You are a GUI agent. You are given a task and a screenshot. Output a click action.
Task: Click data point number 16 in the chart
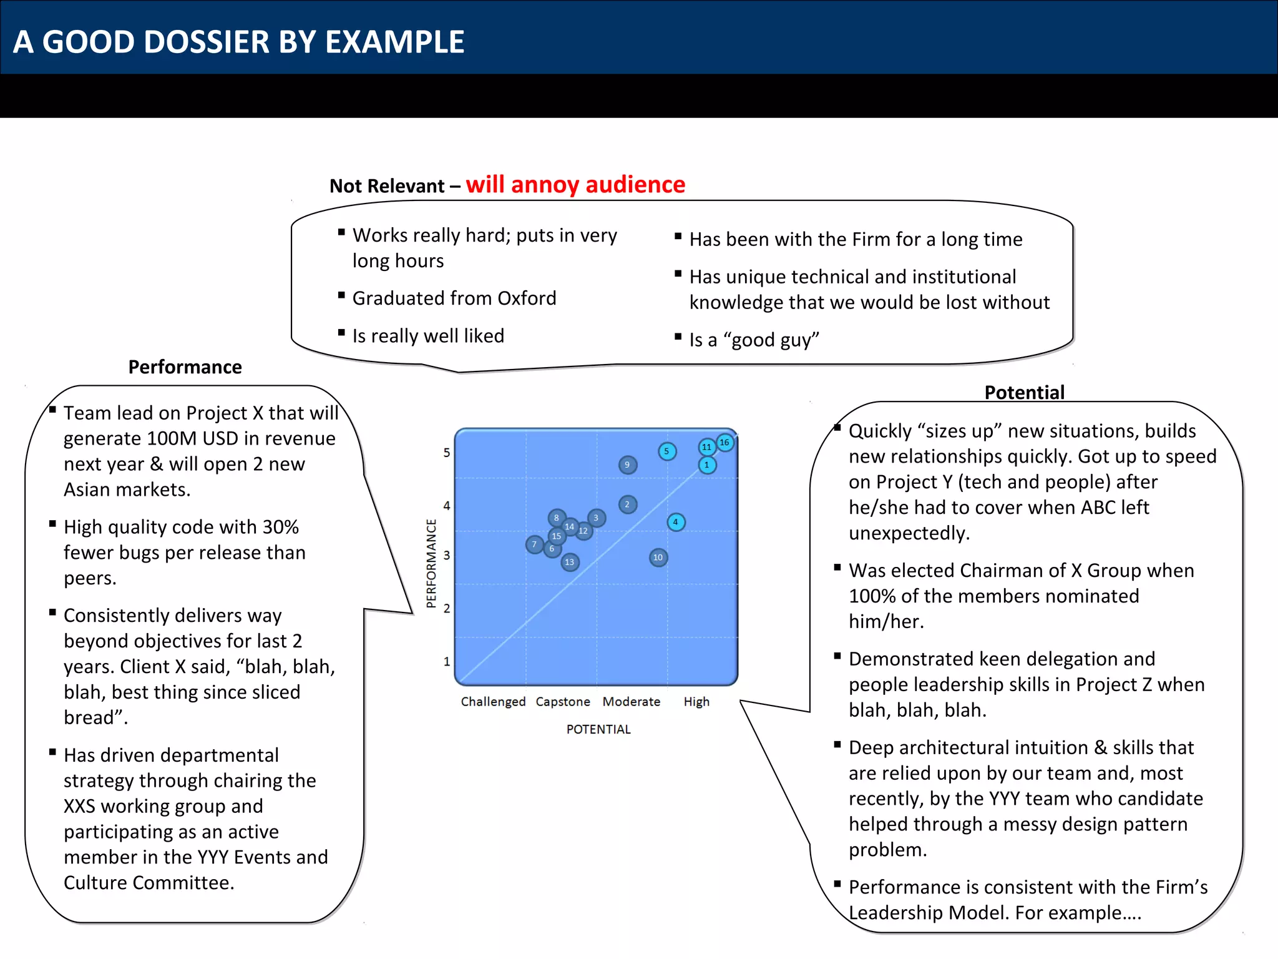coord(724,443)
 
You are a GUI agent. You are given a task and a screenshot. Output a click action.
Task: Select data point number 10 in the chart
coord(658,558)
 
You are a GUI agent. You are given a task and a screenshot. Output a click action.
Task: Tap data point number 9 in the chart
coord(628,465)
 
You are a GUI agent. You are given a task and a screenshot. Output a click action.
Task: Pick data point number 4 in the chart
coord(676,522)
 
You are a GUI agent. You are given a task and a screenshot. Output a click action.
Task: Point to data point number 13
coord(570,562)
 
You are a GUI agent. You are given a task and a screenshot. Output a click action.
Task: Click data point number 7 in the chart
coord(534,544)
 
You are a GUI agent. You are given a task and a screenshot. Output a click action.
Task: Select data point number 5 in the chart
coord(667,451)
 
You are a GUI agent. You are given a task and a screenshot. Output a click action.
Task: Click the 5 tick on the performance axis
coord(447,453)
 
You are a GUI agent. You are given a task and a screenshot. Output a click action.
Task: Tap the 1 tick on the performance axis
coord(447,661)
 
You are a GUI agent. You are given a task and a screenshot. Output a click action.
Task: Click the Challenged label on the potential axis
coord(493,702)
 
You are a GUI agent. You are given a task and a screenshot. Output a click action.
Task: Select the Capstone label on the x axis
coord(563,702)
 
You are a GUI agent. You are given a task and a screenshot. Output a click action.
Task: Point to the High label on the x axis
coord(696,702)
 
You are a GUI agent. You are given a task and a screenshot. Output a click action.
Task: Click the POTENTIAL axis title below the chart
coord(598,729)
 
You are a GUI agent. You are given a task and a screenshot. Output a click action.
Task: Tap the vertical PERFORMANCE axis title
coord(431,563)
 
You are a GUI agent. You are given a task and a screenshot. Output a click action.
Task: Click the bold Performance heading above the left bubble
coord(185,367)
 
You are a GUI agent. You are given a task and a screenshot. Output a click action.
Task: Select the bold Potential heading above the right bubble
coord(1024,392)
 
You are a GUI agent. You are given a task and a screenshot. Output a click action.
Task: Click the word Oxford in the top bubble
coord(527,298)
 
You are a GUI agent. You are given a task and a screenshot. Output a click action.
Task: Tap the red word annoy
coord(545,185)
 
